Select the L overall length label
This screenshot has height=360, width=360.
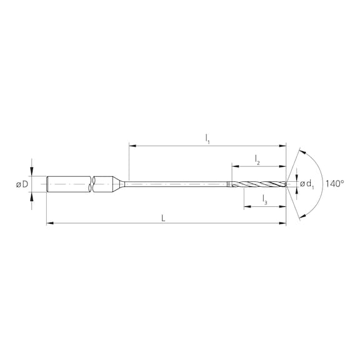pos(164,217)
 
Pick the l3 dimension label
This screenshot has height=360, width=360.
pos(265,200)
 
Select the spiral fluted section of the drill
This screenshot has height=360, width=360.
pos(259,184)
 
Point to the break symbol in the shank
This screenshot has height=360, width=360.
pos(93,184)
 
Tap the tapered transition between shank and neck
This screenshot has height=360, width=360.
pos(119,184)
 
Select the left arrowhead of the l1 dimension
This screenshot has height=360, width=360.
pos(131,146)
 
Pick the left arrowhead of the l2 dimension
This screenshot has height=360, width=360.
pos(234,167)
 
